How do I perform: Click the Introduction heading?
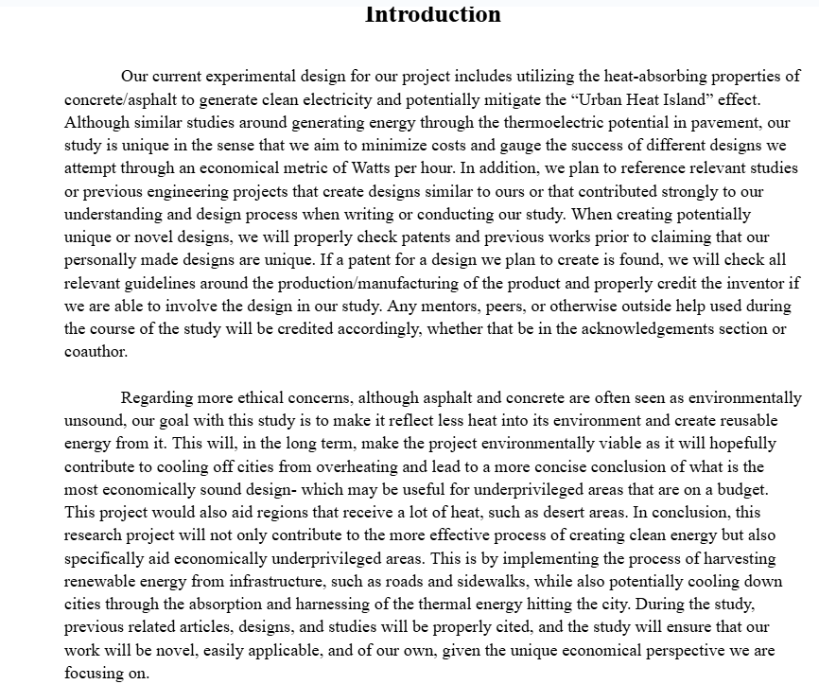tap(432, 14)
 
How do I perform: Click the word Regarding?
tap(157, 398)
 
